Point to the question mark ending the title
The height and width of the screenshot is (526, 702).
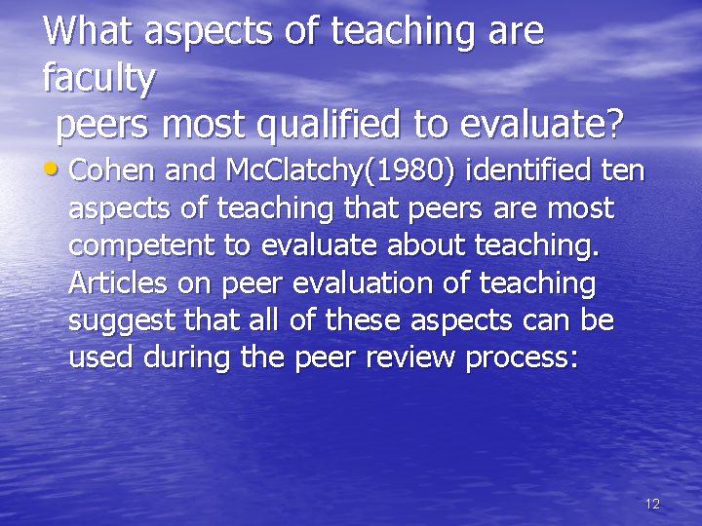point(613,125)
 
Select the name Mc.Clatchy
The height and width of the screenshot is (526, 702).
point(294,172)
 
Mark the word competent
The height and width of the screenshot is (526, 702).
point(143,246)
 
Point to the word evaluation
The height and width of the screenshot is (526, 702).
point(354,282)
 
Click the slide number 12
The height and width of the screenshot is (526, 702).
point(652,504)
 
